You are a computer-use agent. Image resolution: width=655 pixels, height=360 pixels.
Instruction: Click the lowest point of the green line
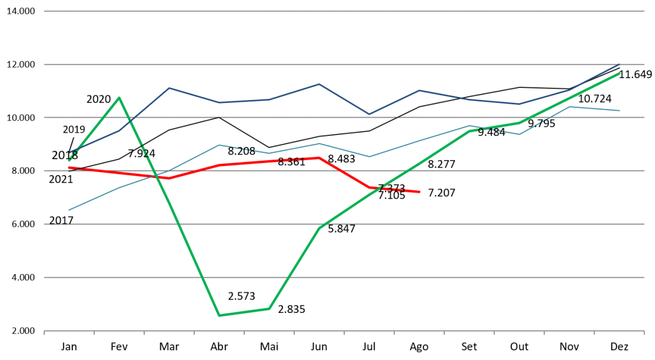(219, 315)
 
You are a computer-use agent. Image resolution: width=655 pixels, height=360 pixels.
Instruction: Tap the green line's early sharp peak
(119, 98)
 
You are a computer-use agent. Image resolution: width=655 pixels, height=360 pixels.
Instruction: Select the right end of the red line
(420, 192)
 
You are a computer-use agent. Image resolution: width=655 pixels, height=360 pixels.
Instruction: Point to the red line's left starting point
(69, 168)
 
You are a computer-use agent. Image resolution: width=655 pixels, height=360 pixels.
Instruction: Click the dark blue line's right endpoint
(620, 64)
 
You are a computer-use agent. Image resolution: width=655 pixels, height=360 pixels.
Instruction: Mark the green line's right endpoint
(620, 73)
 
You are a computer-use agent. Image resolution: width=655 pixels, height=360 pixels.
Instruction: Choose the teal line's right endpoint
(620, 110)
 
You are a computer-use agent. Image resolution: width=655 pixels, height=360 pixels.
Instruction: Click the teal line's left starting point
(69, 210)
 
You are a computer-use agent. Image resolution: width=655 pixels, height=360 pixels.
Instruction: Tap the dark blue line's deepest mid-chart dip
(369, 114)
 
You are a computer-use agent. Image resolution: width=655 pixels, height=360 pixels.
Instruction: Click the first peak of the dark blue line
(169, 88)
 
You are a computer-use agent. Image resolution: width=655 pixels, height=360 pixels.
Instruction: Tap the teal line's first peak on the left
(219, 145)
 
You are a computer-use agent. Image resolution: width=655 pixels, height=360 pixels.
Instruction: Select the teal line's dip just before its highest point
(520, 134)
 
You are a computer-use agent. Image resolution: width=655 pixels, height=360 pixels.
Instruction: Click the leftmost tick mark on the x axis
(44, 332)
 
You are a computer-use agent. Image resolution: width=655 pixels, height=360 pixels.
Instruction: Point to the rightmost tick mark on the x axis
(644, 332)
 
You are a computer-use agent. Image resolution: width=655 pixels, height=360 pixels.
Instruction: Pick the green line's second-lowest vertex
(269, 308)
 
